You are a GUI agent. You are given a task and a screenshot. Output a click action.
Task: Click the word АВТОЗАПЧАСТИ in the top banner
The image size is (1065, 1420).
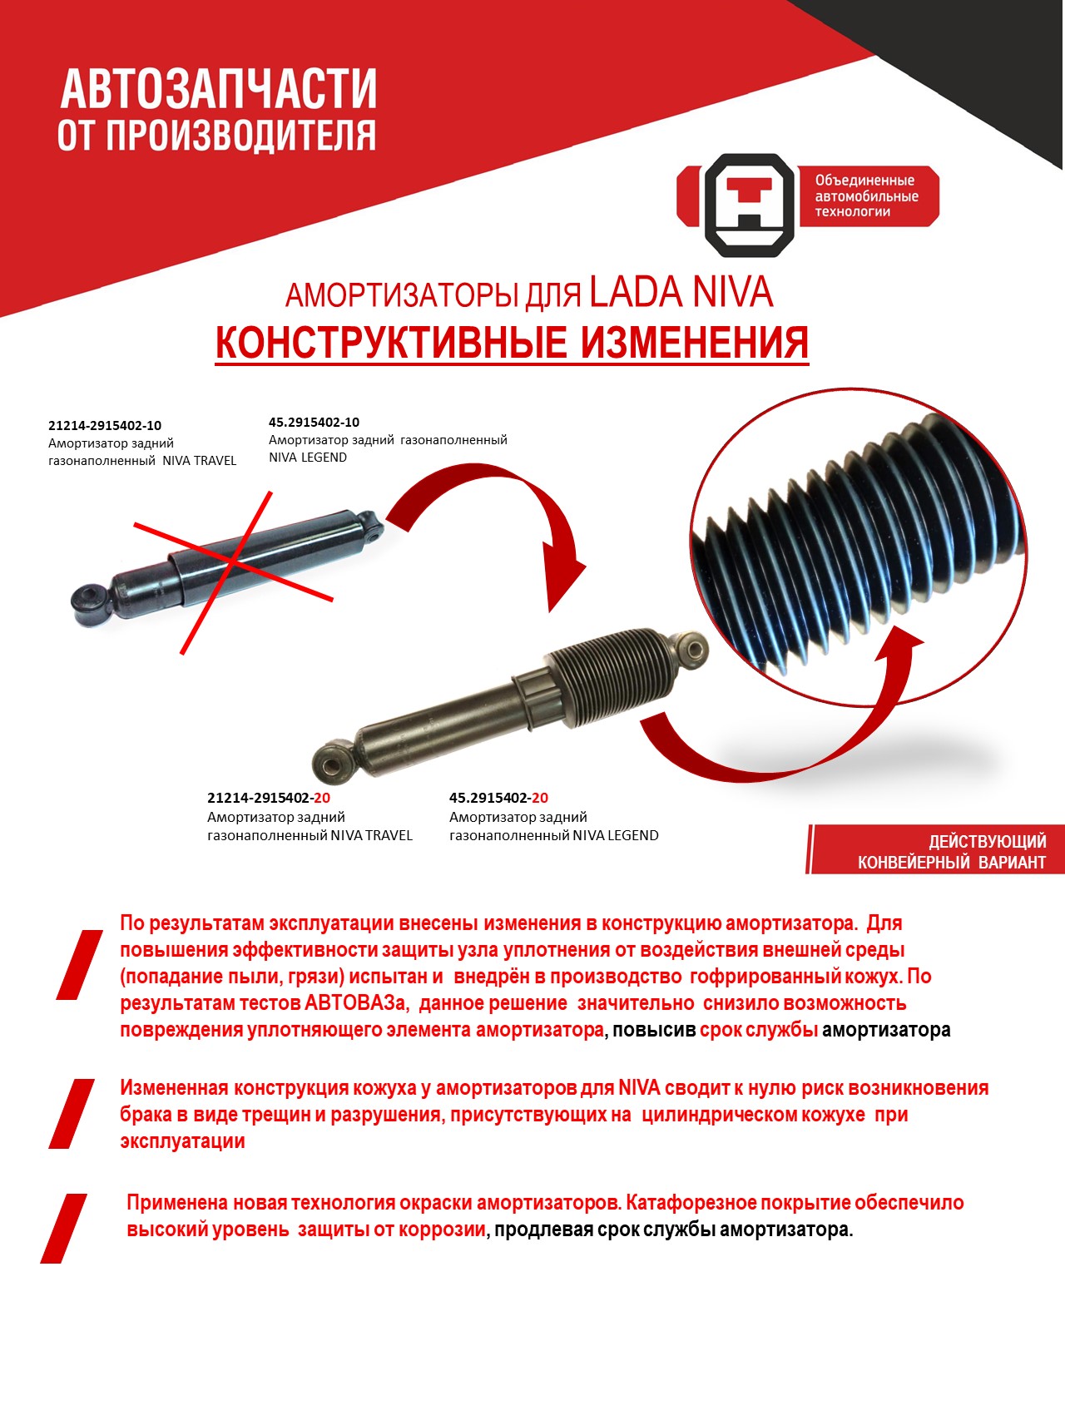tap(219, 89)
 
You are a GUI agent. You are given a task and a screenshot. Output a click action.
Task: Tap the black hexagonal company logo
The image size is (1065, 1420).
tap(750, 205)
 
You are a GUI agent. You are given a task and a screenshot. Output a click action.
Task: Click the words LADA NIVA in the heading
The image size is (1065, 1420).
tap(681, 292)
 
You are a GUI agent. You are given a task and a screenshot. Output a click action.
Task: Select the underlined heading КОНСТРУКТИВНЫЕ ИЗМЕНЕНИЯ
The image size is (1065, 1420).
tap(512, 342)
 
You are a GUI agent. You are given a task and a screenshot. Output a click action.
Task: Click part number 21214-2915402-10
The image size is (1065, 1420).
tap(105, 426)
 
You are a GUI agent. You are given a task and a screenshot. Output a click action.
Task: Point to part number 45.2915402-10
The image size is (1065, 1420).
tap(314, 423)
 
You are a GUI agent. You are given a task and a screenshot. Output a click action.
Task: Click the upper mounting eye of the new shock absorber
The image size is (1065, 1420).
tap(691, 650)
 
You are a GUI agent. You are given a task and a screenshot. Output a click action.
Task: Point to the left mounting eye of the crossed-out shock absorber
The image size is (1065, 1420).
tap(90, 603)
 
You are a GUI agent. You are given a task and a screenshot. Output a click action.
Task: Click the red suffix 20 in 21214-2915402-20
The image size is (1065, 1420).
tap(323, 798)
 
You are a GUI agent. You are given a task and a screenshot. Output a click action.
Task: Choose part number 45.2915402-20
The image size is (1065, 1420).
tap(498, 798)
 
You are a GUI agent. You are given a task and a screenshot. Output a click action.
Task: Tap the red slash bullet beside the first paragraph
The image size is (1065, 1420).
tap(80, 964)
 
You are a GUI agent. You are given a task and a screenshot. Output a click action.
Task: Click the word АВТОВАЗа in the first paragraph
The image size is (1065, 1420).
tap(356, 1003)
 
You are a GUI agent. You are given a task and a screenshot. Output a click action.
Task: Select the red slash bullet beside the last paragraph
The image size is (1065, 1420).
tap(64, 1228)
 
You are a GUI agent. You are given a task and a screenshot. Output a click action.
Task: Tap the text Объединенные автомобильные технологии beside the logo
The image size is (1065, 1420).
tap(866, 196)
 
